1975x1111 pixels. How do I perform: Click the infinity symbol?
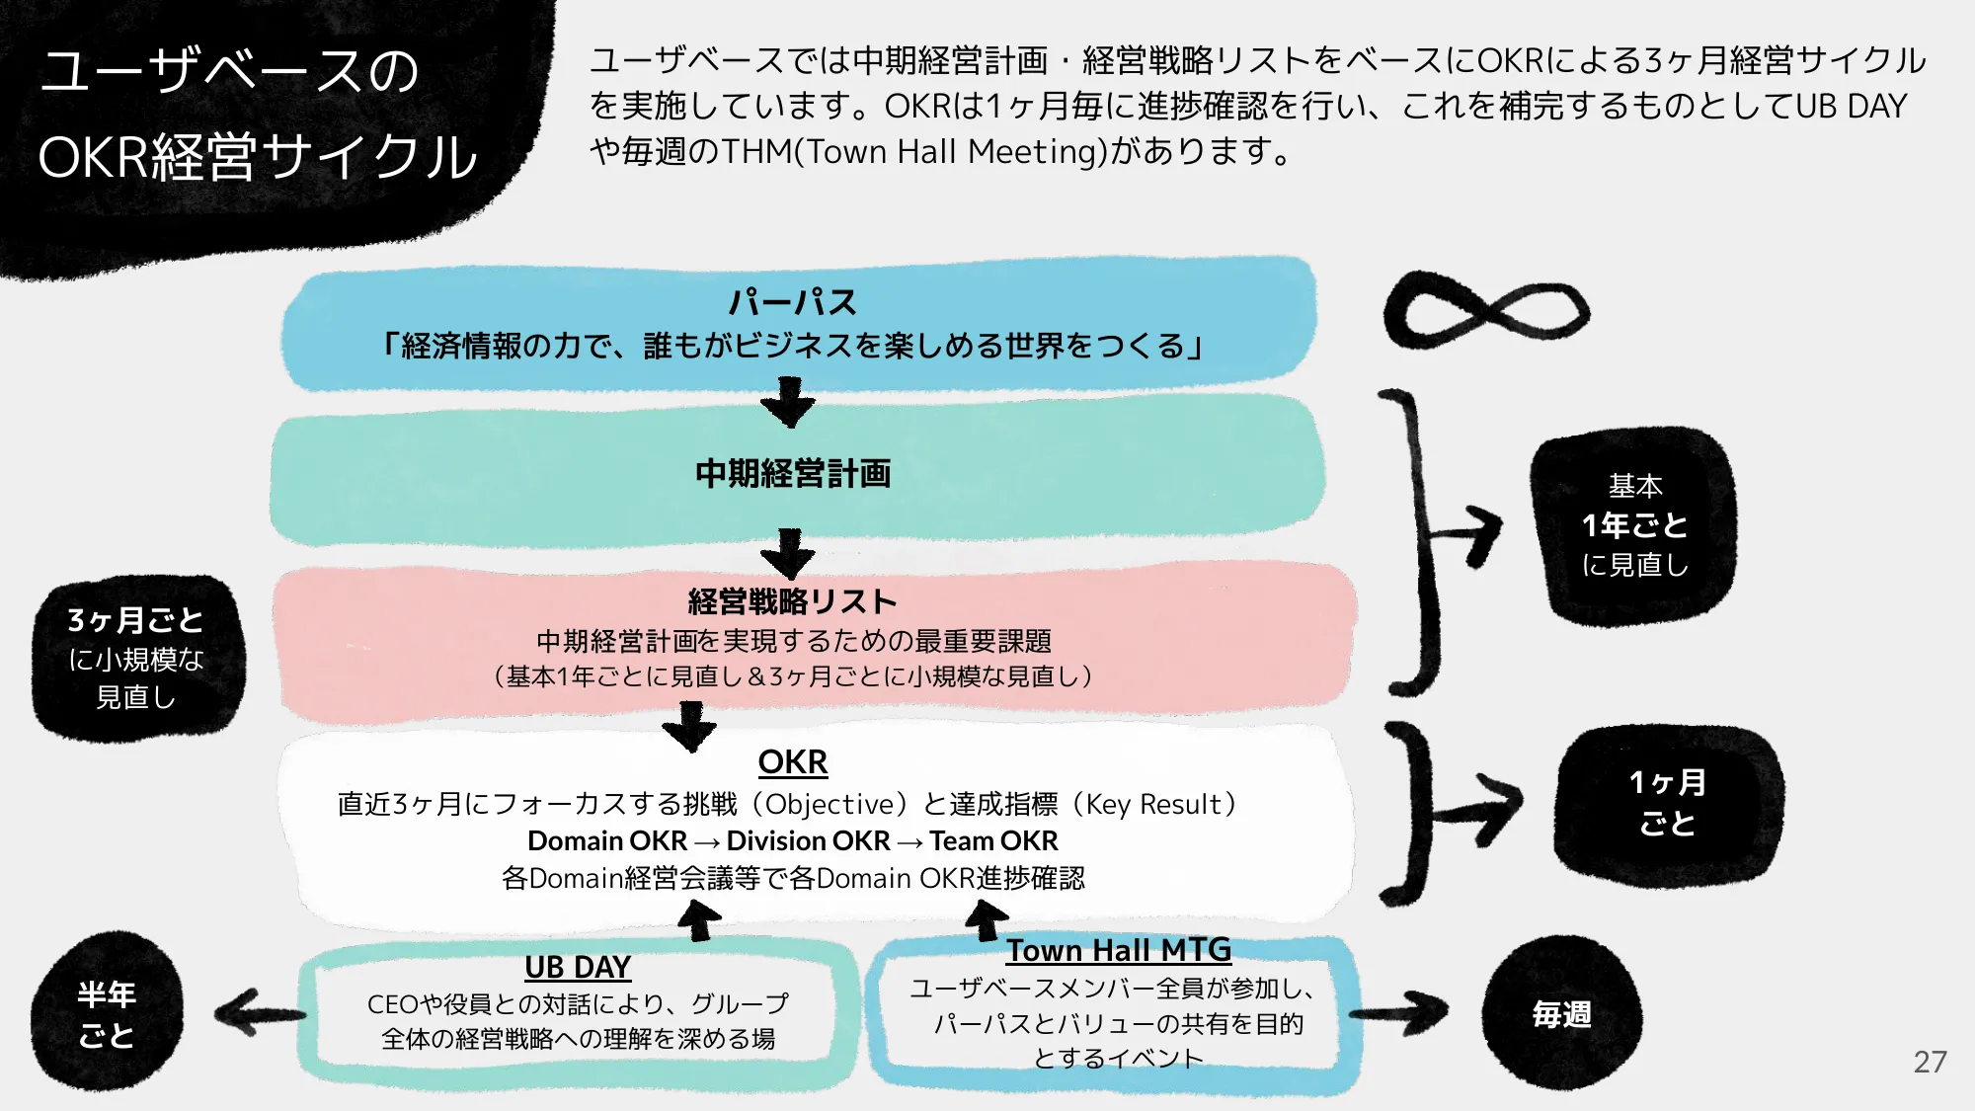tap(1486, 311)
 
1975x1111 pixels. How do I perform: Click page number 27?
tap(1929, 1062)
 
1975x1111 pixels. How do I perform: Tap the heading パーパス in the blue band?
tap(792, 301)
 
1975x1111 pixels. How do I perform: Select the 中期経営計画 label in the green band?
tap(792, 473)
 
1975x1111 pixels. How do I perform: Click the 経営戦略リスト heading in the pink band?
tap(792, 600)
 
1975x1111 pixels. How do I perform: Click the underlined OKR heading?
tap(792, 761)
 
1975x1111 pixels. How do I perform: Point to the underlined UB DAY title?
tap(578, 966)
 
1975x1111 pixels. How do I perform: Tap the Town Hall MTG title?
tap(1118, 949)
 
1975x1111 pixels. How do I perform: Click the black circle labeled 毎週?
tap(1561, 1014)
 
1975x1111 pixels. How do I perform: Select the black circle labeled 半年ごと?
tap(107, 1014)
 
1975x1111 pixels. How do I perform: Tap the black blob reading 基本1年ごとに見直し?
tap(1634, 525)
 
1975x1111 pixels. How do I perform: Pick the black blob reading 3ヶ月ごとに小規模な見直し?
tap(136, 658)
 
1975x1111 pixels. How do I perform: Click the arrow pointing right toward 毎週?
tap(1402, 1012)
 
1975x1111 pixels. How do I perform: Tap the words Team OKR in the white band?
tap(993, 840)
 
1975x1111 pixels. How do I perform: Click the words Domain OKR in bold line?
tap(606, 840)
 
